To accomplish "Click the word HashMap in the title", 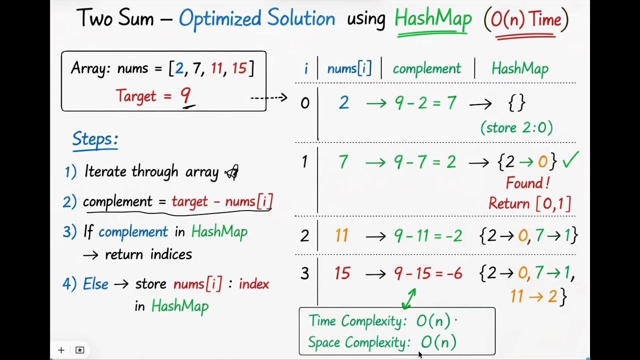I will point(433,19).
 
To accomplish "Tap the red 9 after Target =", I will point(185,95).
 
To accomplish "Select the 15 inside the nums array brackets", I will point(239,68).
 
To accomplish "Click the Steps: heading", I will point(95,139).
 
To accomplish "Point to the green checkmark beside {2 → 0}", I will point(570,160).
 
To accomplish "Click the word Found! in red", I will point(527,183).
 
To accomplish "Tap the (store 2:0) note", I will point(516,127).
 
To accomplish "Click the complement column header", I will point(426,69).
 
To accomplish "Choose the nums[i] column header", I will point(349,69).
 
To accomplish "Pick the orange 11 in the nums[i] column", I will point(341,235).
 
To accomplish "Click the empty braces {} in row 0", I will point(516,103).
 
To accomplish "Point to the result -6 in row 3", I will point(452,273).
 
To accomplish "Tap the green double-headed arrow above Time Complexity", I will point(409,298).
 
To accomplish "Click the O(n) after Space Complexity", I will point(438,342).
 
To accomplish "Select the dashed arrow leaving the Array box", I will point(268,97).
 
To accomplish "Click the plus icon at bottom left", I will point(61,350).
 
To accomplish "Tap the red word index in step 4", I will point(253,284).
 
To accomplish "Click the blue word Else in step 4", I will point(95,284).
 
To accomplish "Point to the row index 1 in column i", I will point(304,161).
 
